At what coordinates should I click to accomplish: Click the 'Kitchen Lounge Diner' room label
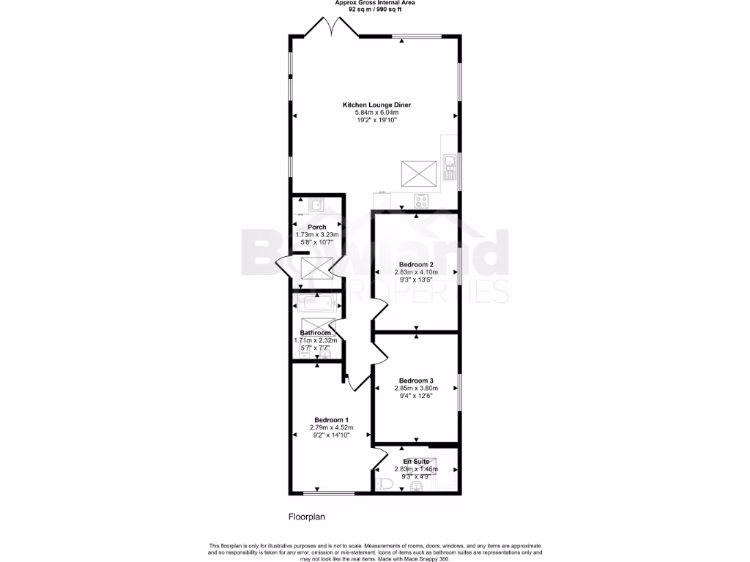click(376, 105)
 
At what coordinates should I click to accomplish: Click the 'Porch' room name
click(316, 227)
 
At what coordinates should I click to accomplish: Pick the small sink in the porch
click(318, 206)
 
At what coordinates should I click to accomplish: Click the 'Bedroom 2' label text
click(416, 264)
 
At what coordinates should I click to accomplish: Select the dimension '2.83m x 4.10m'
click(416, 271)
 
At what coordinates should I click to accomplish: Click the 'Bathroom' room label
click(315, 333)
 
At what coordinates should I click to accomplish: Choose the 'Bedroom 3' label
click(416, 381)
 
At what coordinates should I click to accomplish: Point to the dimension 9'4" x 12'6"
click(416, 396)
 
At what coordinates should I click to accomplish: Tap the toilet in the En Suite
click(386, 483)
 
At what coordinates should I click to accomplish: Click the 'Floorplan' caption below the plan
click(305, 517)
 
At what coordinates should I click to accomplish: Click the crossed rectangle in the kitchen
click(419, 174)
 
